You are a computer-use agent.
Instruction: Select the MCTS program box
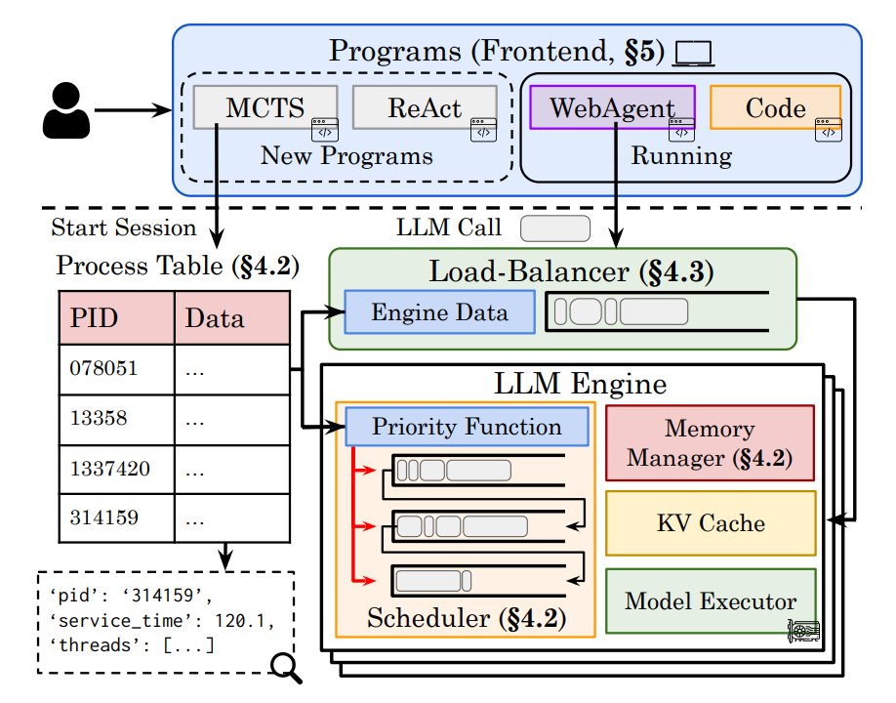click(x=265, y=107)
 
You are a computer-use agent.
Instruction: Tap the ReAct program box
click(x=424, y=107)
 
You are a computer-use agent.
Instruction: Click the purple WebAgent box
click(x=611, y=107)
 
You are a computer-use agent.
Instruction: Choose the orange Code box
click(x=775, y=107)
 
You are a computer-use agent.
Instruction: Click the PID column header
click(x=117, y=318)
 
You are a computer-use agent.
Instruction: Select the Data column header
click(x=231, y=318)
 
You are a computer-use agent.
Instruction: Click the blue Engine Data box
click(x=439, y=313)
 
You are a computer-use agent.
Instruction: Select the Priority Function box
click(x=467, y=428)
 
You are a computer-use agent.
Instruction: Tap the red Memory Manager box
click(x=710, y=442)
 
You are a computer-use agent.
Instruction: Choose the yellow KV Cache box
click(x=710, y=523)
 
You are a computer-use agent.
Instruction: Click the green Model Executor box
click(x=710, y=600)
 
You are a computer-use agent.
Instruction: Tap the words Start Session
click(x=123, y=228)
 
